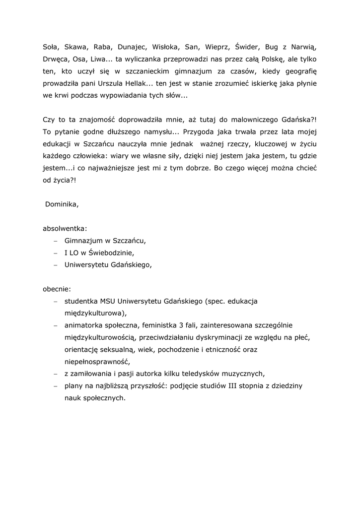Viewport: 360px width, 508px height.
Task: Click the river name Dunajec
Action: point(132,48)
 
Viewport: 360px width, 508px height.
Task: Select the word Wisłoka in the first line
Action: point(165,48)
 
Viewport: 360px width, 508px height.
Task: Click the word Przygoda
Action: point(200,133)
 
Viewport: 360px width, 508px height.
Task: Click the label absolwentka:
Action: point(65,229)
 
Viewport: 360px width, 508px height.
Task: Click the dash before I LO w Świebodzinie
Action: point(56,253)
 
